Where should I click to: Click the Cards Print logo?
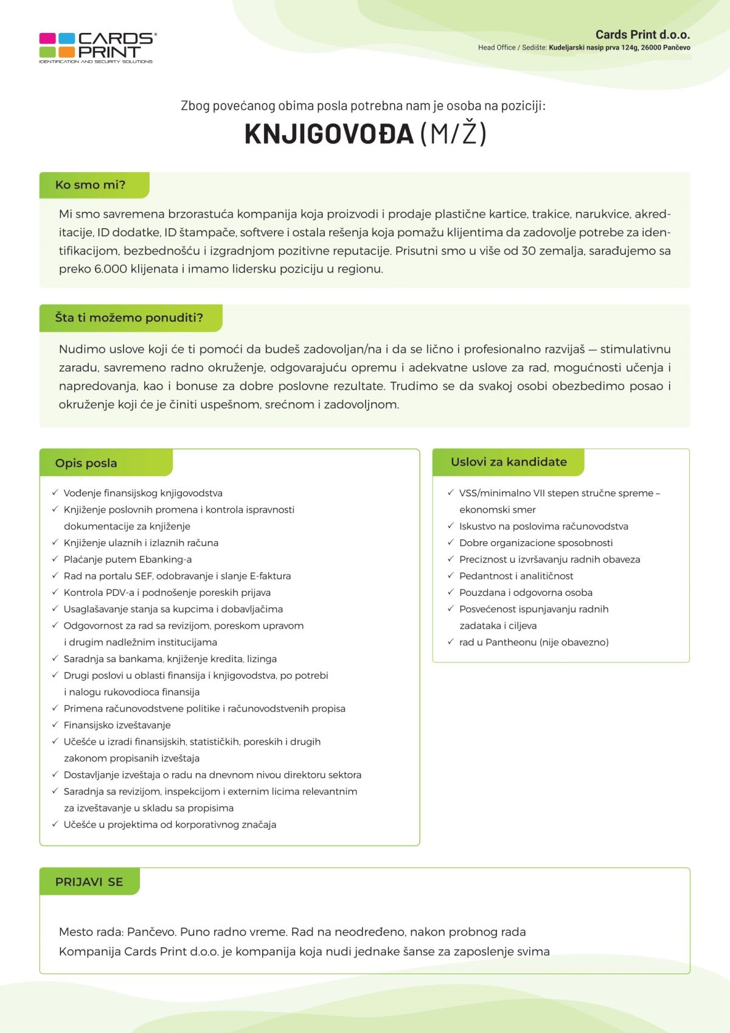coord(97,47)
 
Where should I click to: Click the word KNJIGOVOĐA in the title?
coord(329,134)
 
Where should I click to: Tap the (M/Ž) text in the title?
coord(453,134)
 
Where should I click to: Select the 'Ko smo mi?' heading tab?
coord(91,185)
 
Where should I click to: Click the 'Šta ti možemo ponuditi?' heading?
coord(129,318)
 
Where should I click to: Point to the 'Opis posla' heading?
coord(86,463)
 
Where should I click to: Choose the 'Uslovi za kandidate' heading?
coord(509,462)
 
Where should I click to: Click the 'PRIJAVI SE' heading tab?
coord(89,882)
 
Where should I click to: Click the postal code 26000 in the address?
coord(652,47)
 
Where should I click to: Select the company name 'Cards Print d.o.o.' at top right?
coord(642,35)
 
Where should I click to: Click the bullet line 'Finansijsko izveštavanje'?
coord(117,725)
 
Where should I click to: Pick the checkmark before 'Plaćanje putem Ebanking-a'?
coord(55,559)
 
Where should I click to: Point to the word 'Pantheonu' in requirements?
coord(511,642)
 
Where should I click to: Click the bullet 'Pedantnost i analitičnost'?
coord(516,576)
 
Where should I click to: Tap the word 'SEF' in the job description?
coord(144,576)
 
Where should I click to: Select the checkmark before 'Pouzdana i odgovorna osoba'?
coord(451,592)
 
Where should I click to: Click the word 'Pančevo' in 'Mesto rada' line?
coord(151,932)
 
